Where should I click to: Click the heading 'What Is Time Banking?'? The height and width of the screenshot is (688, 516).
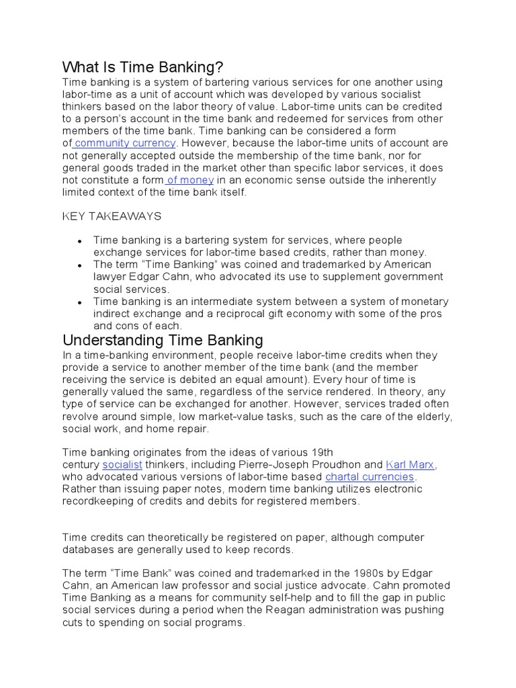coord(142,67)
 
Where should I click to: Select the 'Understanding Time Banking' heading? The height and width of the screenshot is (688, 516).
coord(163,340)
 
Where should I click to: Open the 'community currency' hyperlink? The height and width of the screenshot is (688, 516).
coord(126,143)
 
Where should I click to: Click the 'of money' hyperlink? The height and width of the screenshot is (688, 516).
coord(190,180)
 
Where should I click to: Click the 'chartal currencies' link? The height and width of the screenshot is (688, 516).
coord(370,477)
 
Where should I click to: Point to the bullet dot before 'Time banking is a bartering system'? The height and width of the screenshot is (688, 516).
coord(80,241)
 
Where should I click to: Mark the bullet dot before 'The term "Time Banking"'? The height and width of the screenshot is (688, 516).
coord(80,265)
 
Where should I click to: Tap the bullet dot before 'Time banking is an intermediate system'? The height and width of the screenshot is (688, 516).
coord(80,302)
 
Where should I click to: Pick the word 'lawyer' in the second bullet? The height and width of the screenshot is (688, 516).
coord(110,277)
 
